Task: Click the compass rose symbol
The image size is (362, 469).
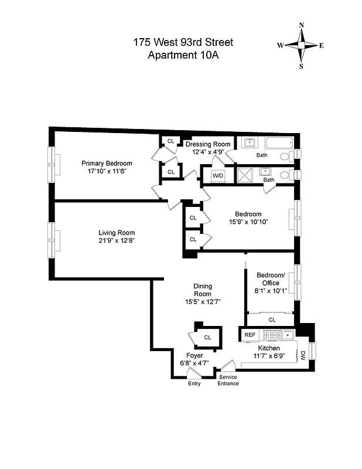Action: point(301,45)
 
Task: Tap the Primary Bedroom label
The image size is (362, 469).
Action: point(107,164)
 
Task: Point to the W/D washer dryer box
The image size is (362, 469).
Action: point(217,175)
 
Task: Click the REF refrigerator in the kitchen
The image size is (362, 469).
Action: point(250,335)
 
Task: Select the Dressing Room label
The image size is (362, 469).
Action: point(207,144)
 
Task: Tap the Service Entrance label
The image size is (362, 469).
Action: point(228,380)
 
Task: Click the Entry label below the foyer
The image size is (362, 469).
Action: point(194,383)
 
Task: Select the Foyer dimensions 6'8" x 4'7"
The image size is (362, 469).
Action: point(194,363)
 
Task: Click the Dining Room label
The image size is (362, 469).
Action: point(203,290)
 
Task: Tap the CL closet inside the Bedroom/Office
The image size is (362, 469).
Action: point(272,320)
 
